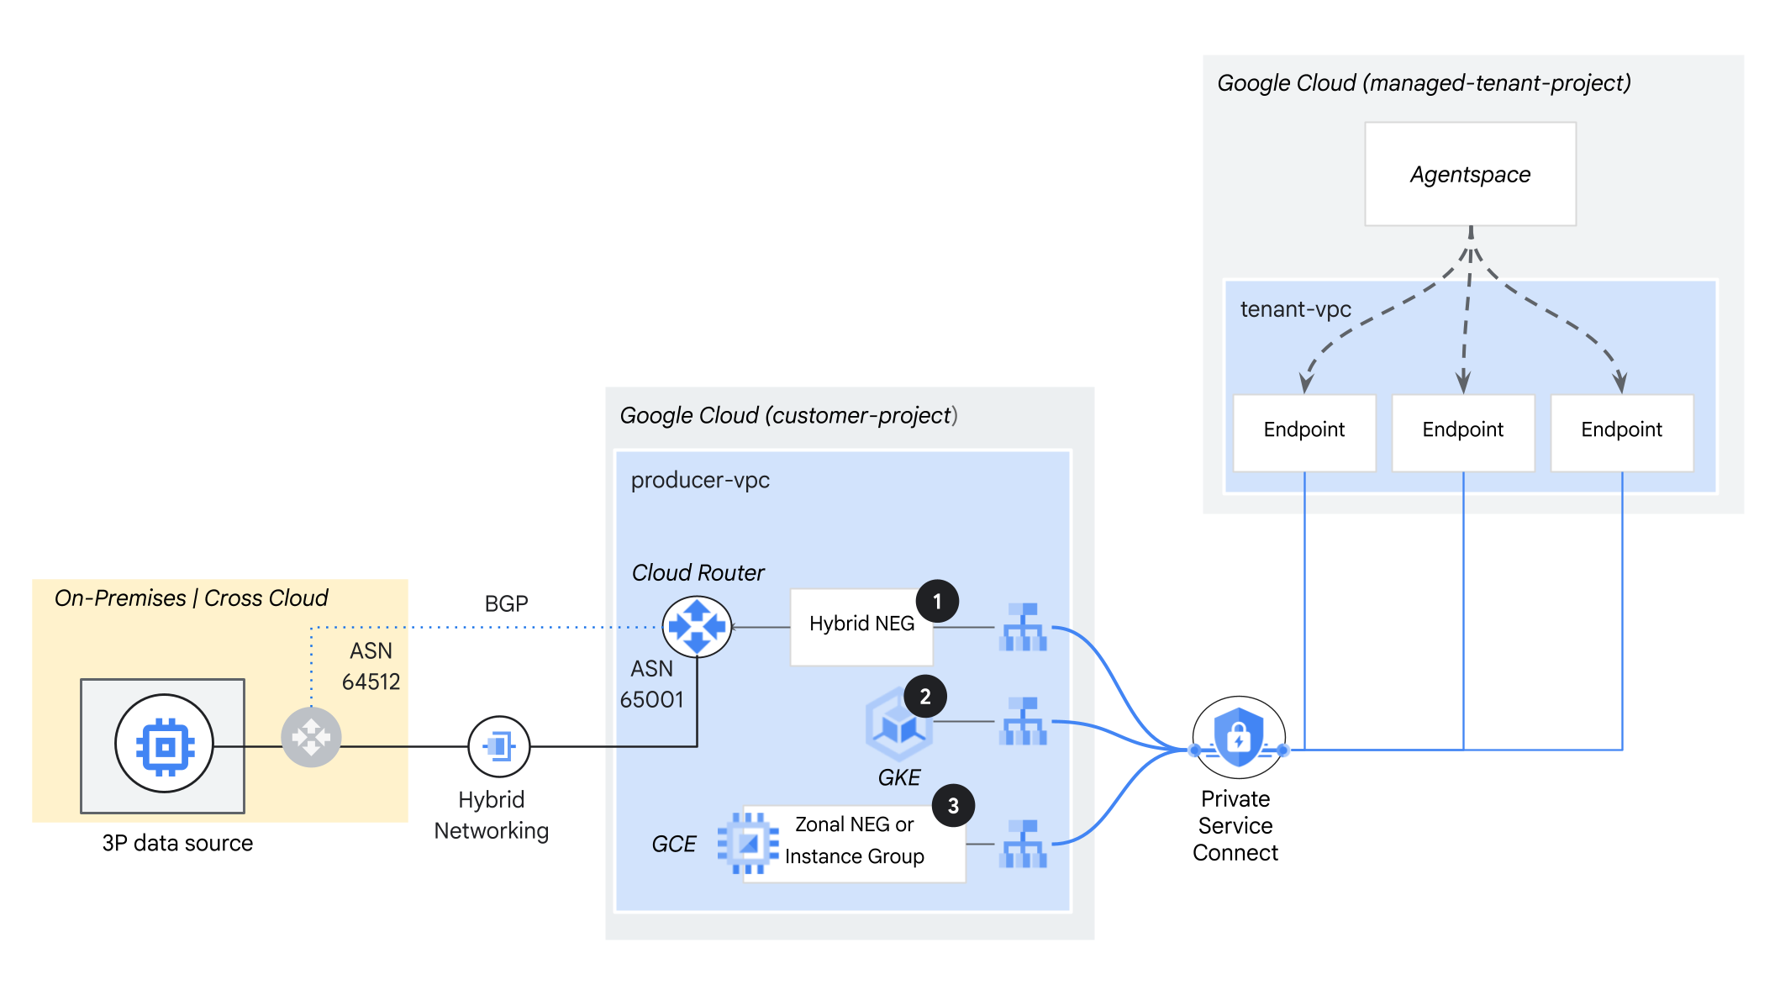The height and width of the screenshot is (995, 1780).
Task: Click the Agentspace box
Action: pos(1470,174)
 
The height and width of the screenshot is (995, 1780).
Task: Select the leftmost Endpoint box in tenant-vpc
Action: pos(1303,431)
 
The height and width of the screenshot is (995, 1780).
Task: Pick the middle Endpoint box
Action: pos(1462,431)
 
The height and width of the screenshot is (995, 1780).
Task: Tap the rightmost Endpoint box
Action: pos(1621,431)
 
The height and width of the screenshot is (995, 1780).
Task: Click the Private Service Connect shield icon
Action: pos(1238,737)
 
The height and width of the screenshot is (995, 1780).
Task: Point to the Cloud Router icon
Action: pos(697,627)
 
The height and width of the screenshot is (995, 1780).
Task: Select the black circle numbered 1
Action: pos(937,602)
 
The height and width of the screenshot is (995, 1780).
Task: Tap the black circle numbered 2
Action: pos(925,697)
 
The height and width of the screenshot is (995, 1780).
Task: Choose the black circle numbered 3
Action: pos(953,806)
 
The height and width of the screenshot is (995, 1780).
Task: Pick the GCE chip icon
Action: pos(747,843)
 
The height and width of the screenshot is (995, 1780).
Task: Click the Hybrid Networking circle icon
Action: pos(498,746)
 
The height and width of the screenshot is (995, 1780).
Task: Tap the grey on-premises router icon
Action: pos(311,738)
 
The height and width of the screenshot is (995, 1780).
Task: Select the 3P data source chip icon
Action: pos(164,744)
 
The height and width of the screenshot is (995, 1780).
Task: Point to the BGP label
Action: pos(506,604)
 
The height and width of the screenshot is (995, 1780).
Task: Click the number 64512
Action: pos(371,682)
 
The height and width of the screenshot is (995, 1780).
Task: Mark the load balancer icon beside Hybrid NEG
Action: pos(1023,627)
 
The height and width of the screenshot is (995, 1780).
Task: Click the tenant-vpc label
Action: pos(1295,309)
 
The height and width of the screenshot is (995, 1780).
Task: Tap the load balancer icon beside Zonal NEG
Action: pos(1023,844)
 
